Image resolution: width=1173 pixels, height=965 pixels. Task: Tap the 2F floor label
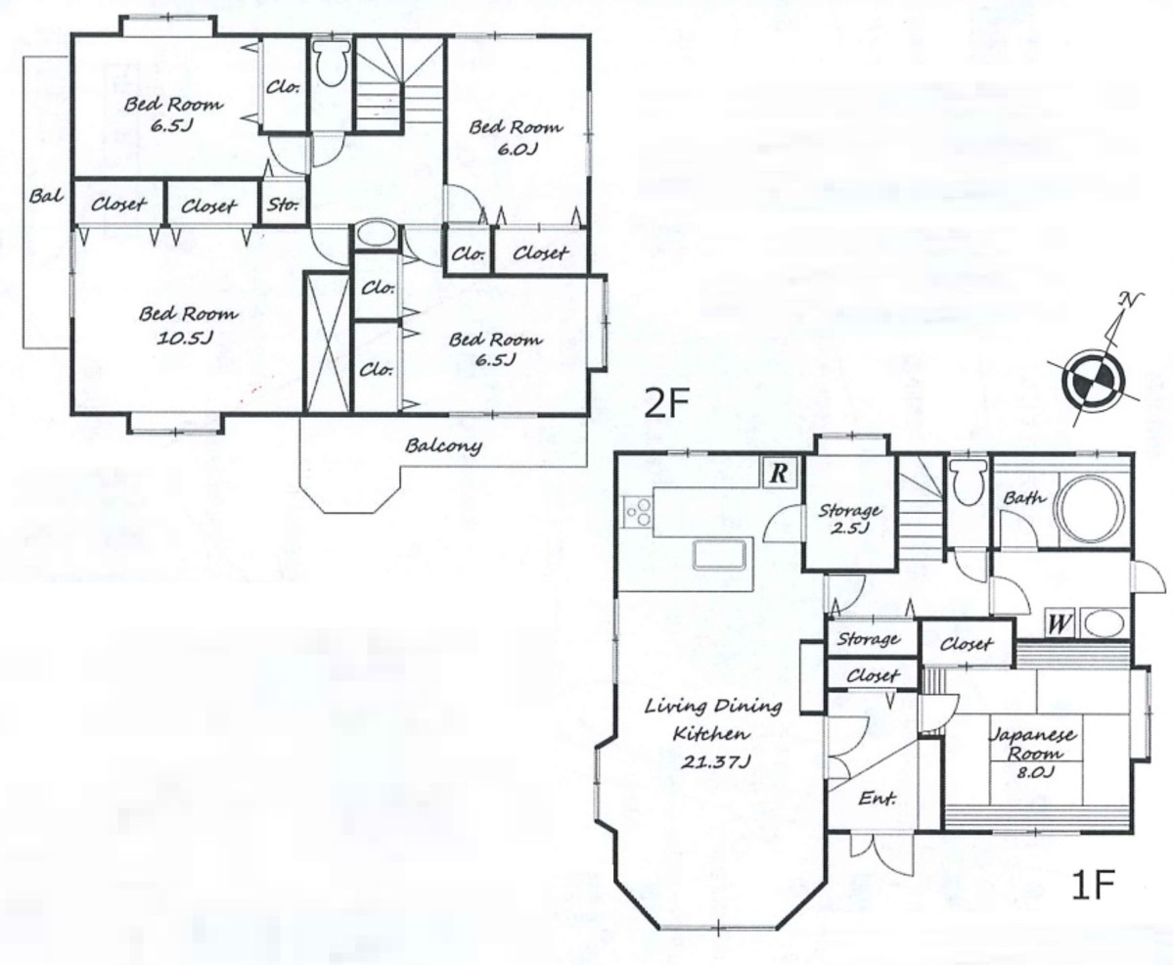click(666, 404)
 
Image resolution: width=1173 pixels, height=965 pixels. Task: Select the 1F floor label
click(1093, 885)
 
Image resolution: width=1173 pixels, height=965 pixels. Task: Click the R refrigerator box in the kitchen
click(779, 473)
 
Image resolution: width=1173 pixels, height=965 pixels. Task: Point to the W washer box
click(1058, 622)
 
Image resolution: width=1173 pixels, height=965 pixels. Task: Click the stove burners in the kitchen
click(638, 512)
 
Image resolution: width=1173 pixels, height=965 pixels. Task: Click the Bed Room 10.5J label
click(188, 325)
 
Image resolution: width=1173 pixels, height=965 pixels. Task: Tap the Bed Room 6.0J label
click(516, 138)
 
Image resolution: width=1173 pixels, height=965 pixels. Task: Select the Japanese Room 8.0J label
click(1033, 753)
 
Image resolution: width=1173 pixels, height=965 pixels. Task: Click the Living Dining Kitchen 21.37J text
click(713, 733)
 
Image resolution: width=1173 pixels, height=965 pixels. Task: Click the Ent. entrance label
click(878, 798)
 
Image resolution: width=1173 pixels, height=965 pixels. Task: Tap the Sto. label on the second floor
click(283, 203)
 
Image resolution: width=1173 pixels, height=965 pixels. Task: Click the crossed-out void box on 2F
click(328, 343)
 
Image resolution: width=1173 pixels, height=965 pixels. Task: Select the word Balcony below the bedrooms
click(443, 446)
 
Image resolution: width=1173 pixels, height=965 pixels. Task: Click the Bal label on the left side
click(46, 196)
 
